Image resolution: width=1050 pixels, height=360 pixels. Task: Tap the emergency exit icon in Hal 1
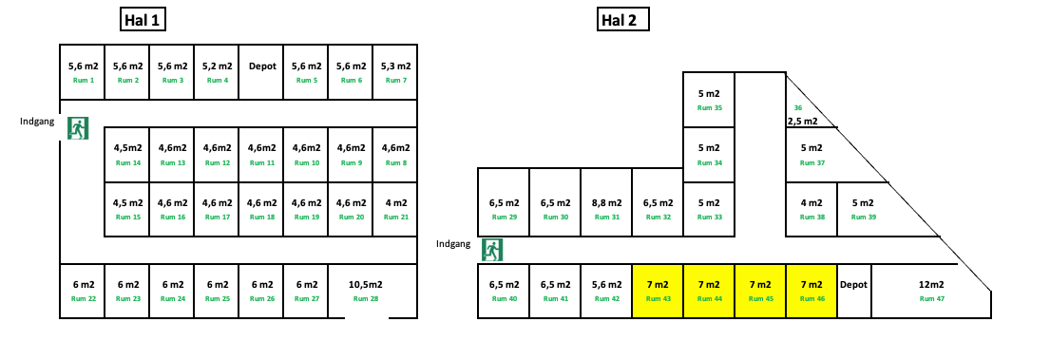coord(78,127)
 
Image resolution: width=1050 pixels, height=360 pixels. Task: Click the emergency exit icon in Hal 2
coord(491,249)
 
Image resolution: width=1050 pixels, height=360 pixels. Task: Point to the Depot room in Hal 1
coord(261,71)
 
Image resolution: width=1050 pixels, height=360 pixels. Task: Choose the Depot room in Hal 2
coord(853,291)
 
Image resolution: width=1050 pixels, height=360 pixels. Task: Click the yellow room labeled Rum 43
coord(658,291)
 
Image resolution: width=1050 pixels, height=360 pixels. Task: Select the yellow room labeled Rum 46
coord(811,291)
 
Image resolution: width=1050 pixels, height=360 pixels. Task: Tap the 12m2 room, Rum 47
coord(931,291)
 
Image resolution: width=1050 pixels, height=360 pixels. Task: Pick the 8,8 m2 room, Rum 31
coord(606,209)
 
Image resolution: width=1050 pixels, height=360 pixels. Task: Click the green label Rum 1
coord(84,81)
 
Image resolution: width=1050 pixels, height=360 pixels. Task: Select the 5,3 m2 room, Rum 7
coord(395,71)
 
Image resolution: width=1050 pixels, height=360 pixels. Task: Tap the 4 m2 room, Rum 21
coord(395,209)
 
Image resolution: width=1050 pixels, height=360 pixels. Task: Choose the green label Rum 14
coord(127,162)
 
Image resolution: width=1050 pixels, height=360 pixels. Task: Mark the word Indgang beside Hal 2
coord(454,244)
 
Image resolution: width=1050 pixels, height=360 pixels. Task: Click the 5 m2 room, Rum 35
coord(709,100)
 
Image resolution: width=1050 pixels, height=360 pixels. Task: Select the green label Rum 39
coord(863,218)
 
